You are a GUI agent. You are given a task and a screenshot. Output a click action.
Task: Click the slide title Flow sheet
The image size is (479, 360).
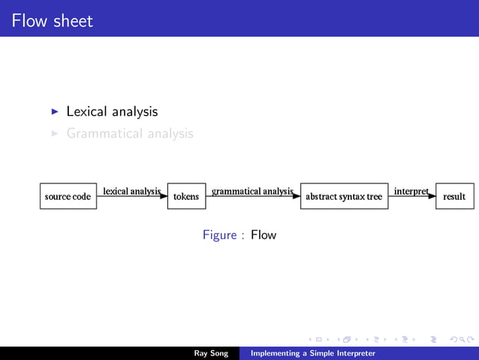[x=53, y=20]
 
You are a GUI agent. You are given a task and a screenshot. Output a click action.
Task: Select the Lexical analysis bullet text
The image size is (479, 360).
[x=112, y=111]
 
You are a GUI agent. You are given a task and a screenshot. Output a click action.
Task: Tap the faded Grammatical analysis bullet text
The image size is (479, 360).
[x=129, y=134]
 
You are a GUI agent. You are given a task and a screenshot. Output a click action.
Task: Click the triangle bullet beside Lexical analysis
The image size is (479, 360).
[x=55, y=111]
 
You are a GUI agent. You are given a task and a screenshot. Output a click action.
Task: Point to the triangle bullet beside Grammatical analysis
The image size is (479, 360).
[x=55, y=134]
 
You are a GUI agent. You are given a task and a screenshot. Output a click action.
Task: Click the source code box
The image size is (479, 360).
[x=68, y=196]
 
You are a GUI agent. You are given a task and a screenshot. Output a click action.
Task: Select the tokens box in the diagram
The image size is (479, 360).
[x=186, y=196]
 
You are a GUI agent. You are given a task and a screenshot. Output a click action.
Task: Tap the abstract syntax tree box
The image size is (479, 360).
[x=343, y=196]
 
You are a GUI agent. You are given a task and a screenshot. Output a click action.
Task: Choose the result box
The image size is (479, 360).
[x=454, y=196]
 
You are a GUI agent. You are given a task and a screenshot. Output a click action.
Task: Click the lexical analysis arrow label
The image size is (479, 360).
[x=131, y=191]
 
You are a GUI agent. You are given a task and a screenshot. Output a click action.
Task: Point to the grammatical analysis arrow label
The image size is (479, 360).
[x=252, y=191]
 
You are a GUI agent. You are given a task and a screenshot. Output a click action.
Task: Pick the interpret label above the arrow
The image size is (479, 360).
[x=411, y=191]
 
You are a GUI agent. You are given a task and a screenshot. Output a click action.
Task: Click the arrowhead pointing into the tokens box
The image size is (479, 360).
[x=163, y=195]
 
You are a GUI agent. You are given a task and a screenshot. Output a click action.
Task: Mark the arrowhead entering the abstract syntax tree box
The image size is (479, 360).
[x=296, y=195]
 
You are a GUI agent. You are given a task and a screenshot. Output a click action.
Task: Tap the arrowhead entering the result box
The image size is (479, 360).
[x=432, y=195]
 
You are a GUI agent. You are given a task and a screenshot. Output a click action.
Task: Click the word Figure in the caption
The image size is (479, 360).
[x=220, y=235]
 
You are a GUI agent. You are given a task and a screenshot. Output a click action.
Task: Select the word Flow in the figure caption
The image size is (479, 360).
[x=264, y=235]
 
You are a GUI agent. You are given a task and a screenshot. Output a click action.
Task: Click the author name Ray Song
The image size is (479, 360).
[x=210, y=353]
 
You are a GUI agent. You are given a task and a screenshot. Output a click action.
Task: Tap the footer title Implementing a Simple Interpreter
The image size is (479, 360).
[x=313, y=353]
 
